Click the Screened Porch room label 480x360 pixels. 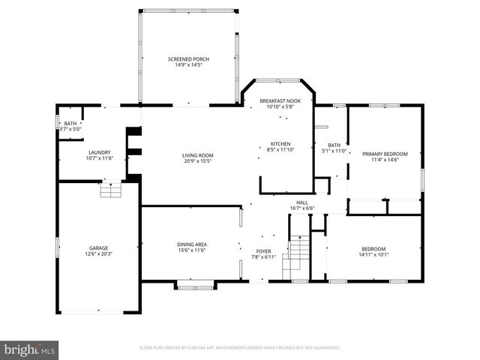click(x=188, y=59)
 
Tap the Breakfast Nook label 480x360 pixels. click(x=280, y=100)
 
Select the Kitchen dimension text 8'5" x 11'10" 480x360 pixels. click(x=280, y=150)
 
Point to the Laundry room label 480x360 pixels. click(x=99, y=152)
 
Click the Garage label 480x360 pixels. click(x=99, y=247)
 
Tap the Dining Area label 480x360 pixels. click(x=191, y=244)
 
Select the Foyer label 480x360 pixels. click(x=263, y=251)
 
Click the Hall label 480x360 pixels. click(x=301, y=202)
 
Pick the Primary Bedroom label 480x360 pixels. click(x=385, y=154)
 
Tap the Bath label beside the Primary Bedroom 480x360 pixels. click(x=334, y=145)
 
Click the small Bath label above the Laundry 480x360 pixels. click(x=70, y=123)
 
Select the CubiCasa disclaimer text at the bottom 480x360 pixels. click(x=240, y=348)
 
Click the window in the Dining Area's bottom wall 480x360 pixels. click(x=194, y=283)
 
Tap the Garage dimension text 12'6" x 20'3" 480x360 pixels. click(x=99, y=253)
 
